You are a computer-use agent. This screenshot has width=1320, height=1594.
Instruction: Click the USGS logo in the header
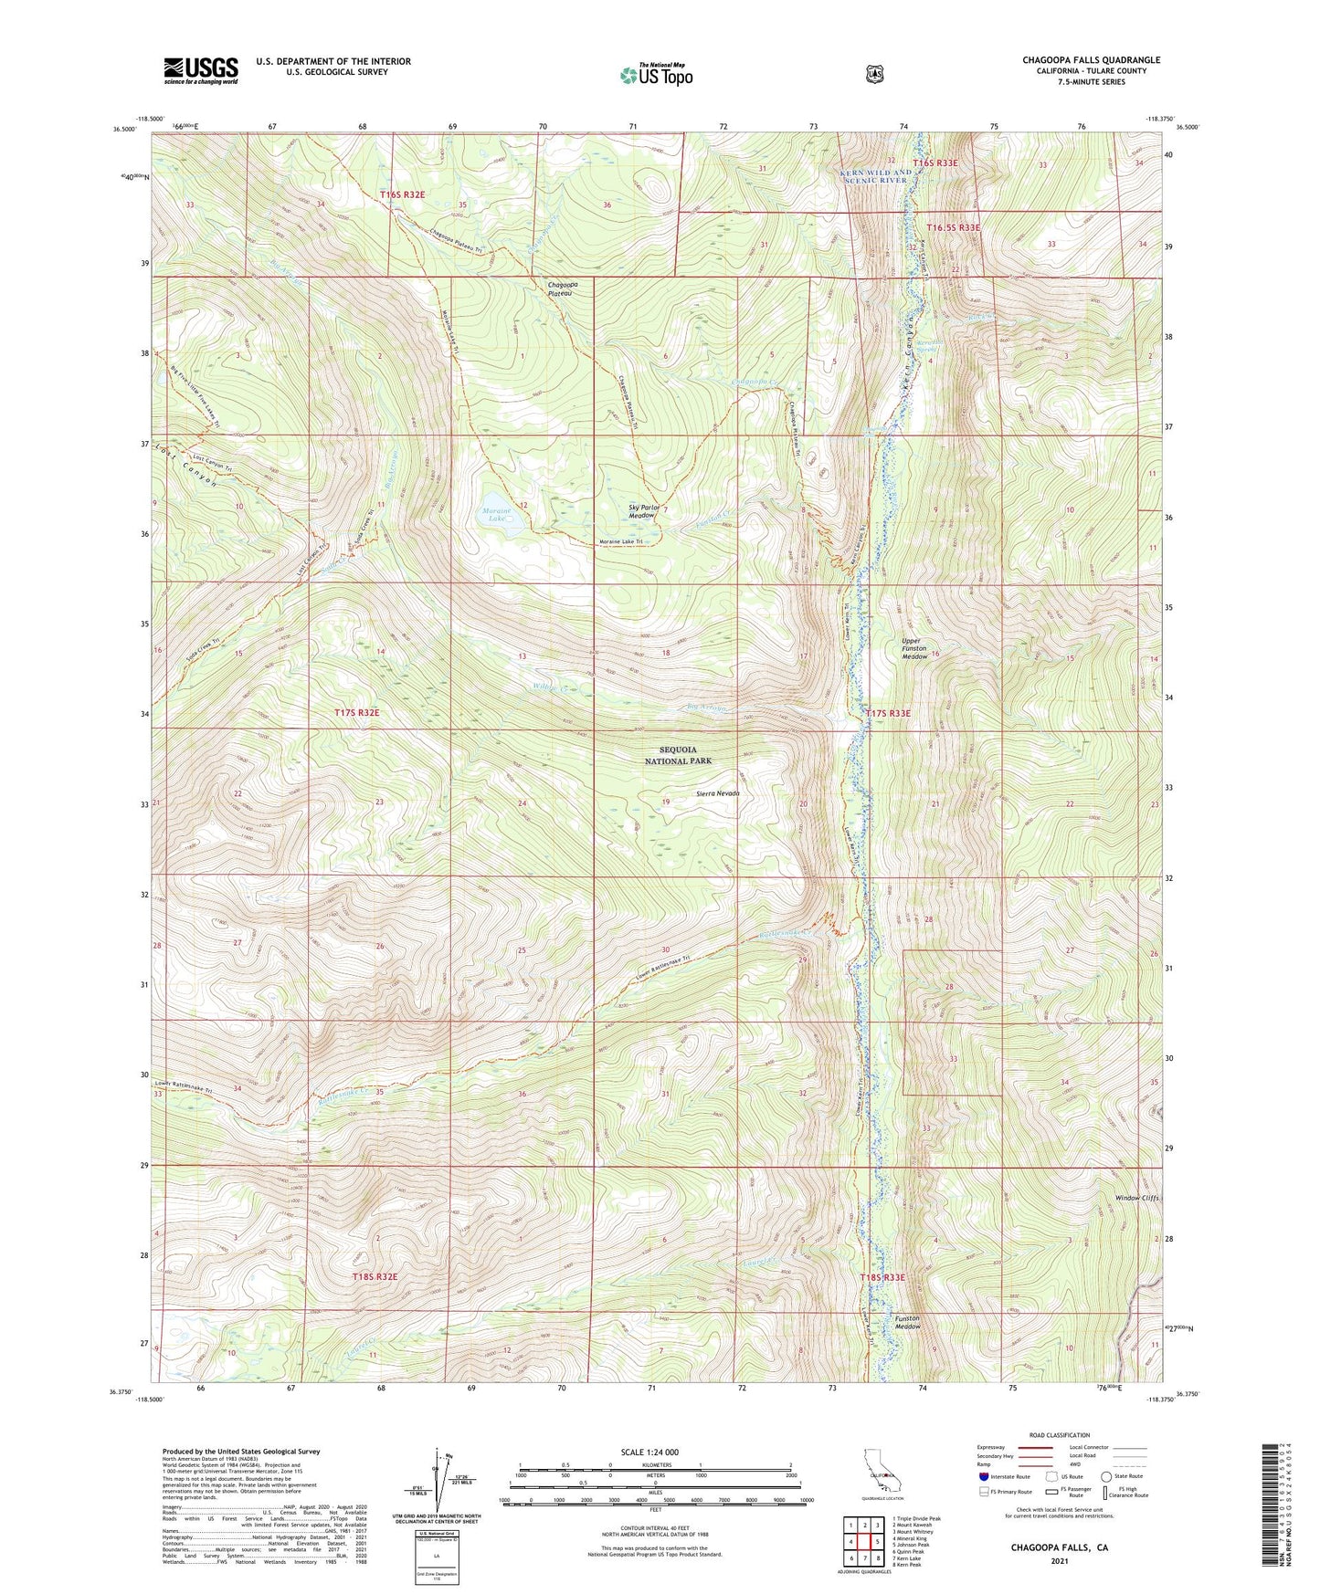pyautogui.click(x=201, y=70)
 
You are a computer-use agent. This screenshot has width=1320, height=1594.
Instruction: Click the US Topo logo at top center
pyautogui.click(x=655, y=75)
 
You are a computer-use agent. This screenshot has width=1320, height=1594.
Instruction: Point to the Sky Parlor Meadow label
pyautogui.click(x=643, y=511)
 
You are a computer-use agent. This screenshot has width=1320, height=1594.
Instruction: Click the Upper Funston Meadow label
pyautogui.click(x=914, y=648)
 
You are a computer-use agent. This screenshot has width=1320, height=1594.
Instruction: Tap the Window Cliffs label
pyautogui.click(x=1137, y=1198)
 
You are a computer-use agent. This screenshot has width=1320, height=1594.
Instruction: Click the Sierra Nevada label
pyautogui.click(x=715, y=793)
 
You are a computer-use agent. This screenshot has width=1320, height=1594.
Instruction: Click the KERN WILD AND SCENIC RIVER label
pyautogui.click(x=873, y=176)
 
